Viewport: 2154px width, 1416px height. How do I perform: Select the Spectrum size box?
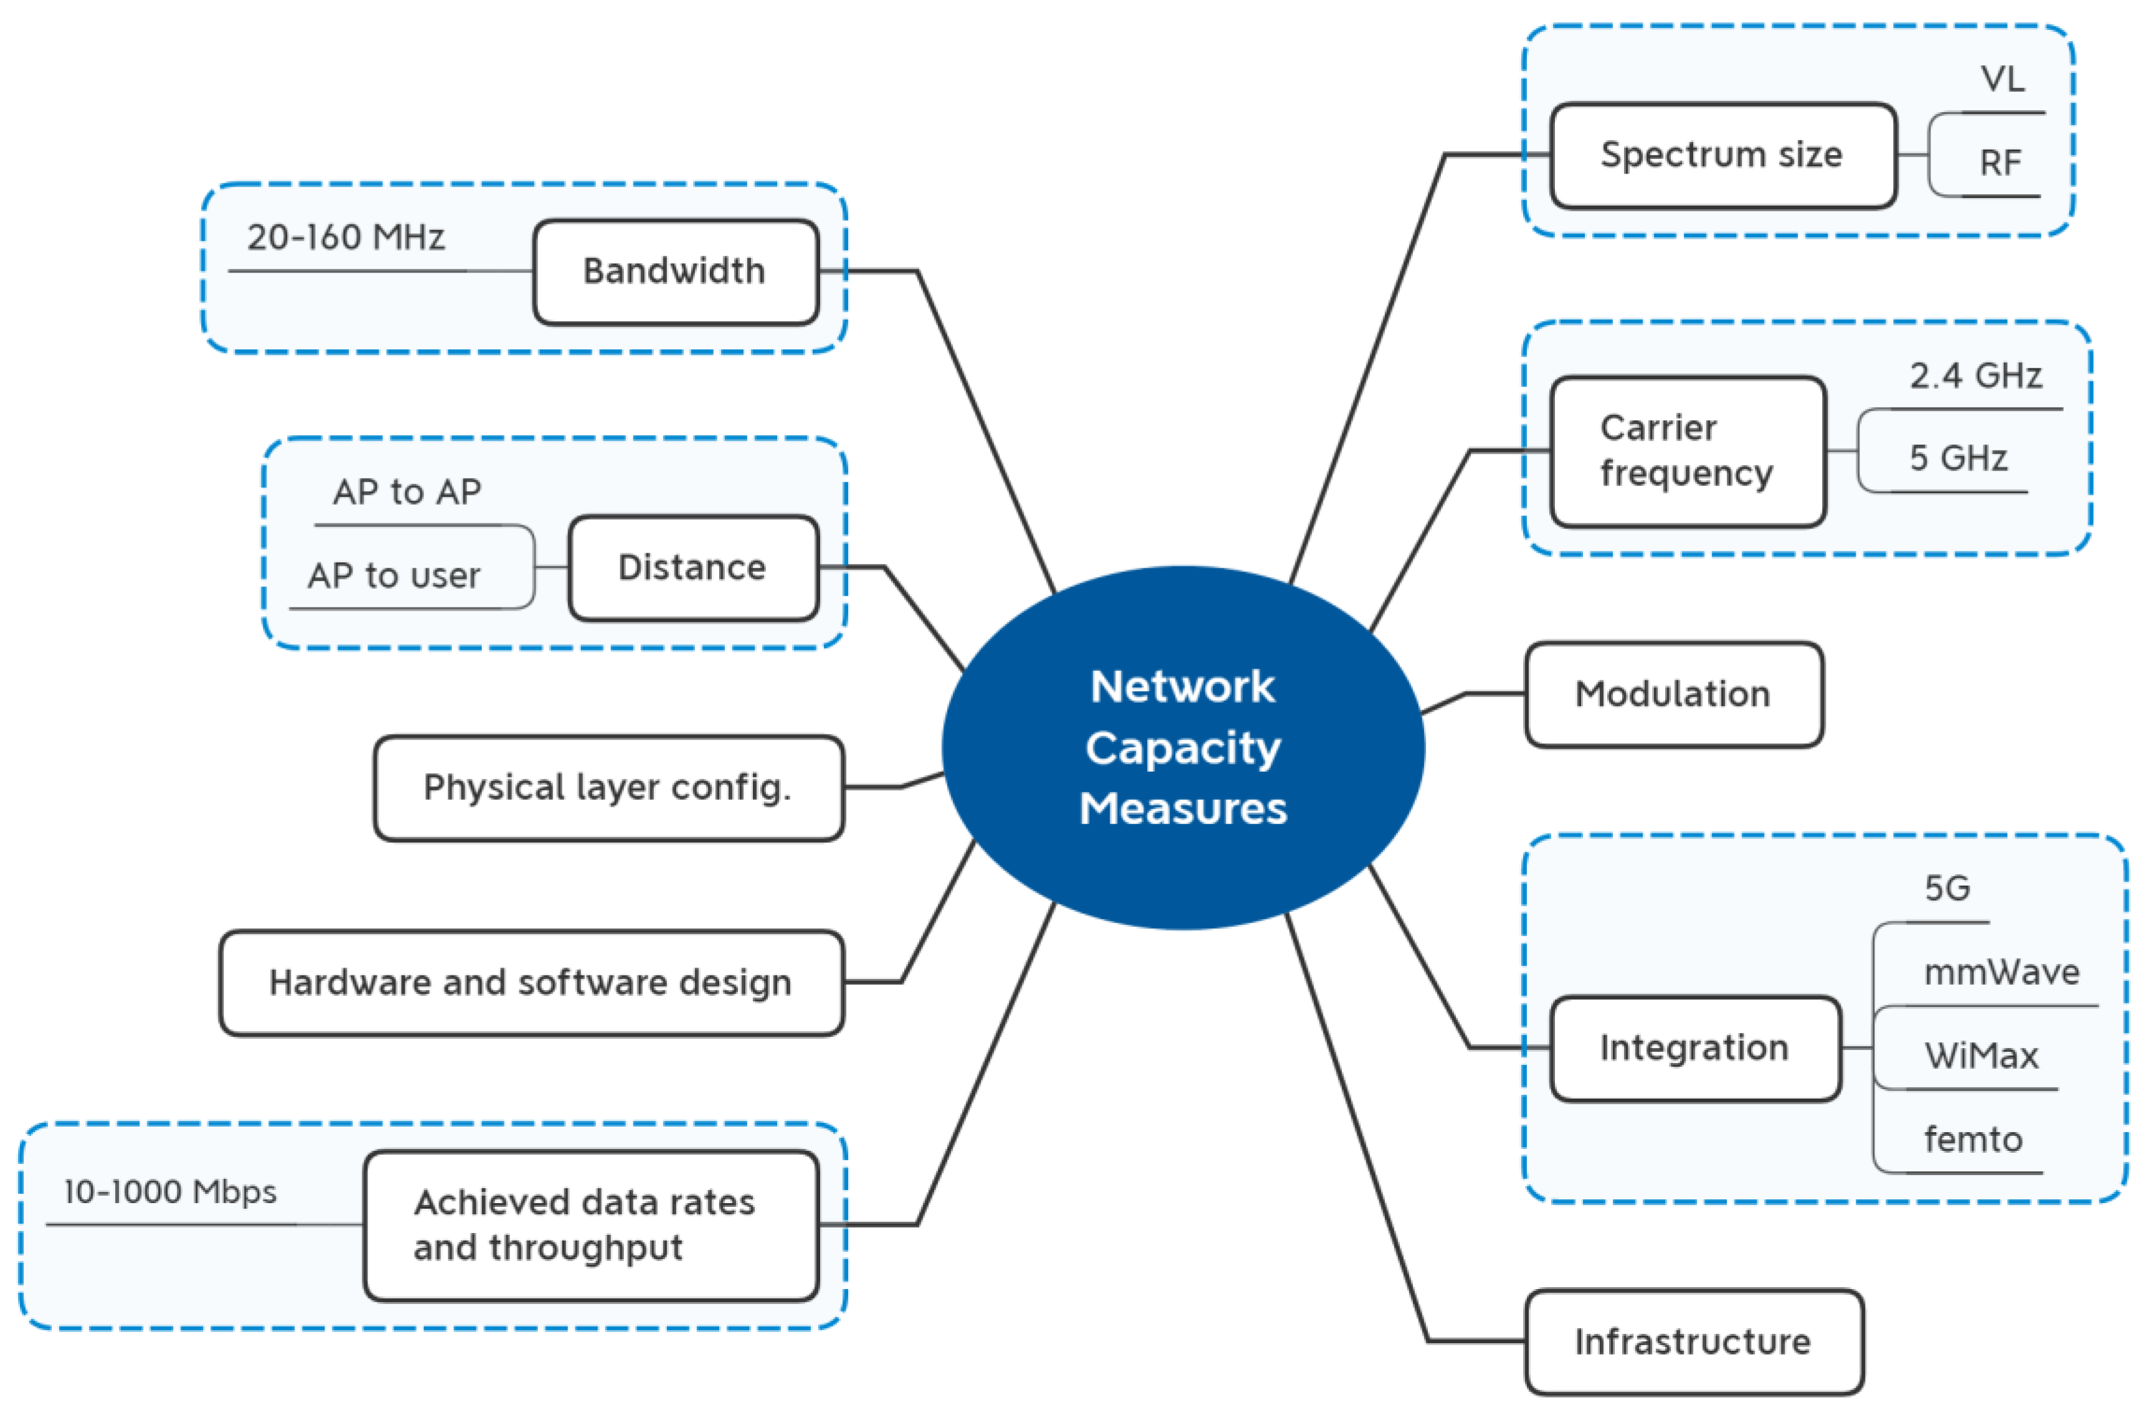(1723, 156)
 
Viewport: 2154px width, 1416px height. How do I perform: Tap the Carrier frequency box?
(1688, 451)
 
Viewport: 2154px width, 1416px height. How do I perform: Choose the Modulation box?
(1675, 695)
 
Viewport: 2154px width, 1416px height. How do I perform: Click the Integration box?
(1695, 1049)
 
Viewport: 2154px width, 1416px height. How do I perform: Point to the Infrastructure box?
(1694, 1343)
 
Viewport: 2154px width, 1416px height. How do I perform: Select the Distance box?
(693, 568)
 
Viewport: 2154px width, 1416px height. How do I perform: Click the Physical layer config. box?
(609, 788)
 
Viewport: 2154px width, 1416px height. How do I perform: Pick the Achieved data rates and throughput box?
(592, 1226)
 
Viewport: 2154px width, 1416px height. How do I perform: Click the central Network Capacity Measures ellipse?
(1184, 748)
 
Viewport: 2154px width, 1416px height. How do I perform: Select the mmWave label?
(2002, 973)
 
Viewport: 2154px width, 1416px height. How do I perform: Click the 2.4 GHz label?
(1977, 375)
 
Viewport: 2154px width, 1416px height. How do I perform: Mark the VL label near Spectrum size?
(2003, 80)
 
